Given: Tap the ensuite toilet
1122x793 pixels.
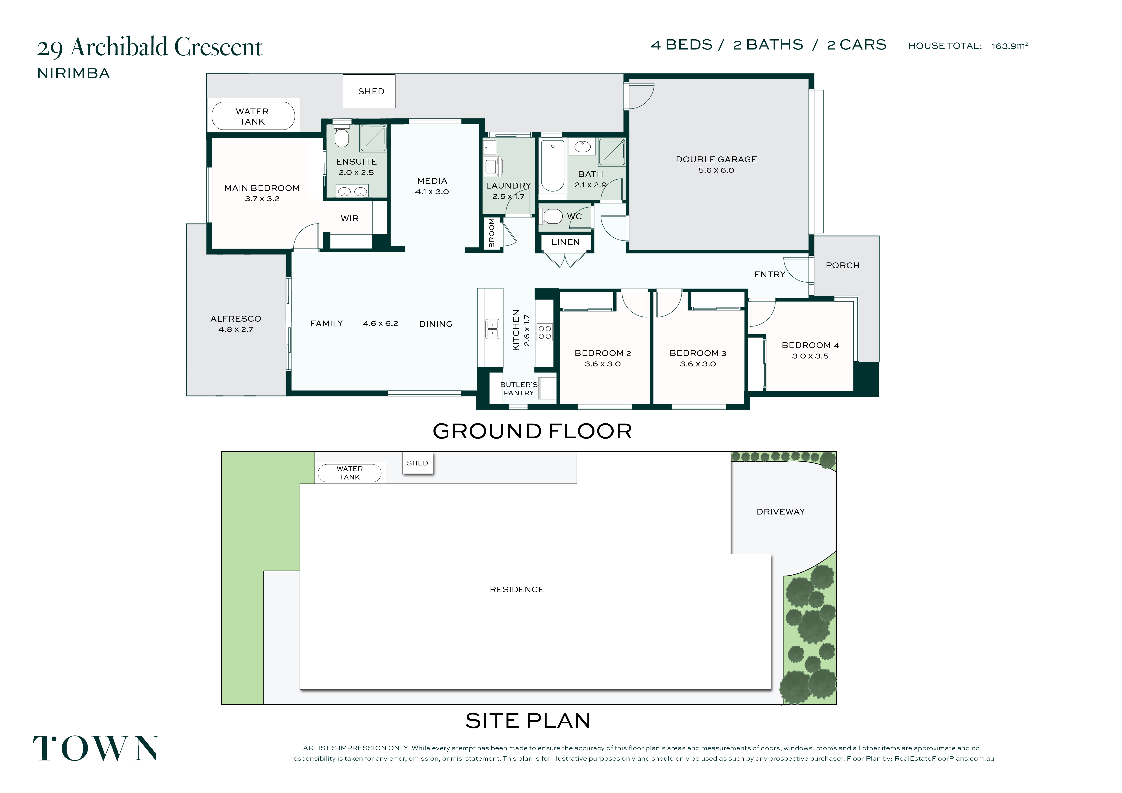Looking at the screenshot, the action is point(342,135).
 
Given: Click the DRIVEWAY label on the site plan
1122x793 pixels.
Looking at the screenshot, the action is point(780,512).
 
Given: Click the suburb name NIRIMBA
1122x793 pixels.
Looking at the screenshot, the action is point(74,73).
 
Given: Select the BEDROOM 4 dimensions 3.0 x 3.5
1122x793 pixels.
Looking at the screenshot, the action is point(810,356).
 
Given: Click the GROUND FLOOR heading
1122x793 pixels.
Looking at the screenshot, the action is point(532,431).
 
